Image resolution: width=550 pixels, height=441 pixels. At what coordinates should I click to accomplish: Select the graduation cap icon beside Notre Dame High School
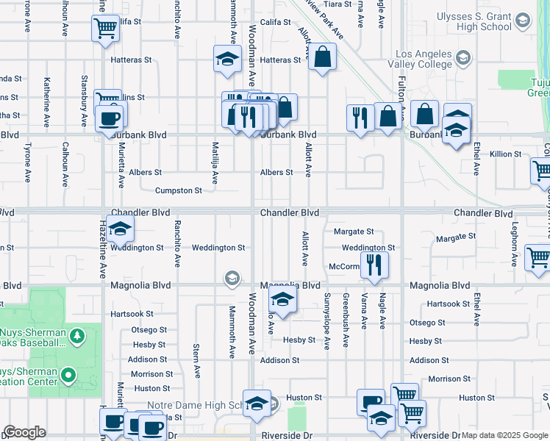tap(257, 404)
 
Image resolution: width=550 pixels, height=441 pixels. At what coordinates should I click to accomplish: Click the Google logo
tap(24, 432)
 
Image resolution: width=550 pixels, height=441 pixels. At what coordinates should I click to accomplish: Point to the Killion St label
tap(505, 154)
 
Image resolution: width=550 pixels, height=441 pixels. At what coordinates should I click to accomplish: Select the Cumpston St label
tap(178, 190)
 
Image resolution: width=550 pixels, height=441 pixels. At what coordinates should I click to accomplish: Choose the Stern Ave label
tap(197, 360)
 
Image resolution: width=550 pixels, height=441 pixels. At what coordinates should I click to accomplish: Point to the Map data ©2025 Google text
tap(504, 435)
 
